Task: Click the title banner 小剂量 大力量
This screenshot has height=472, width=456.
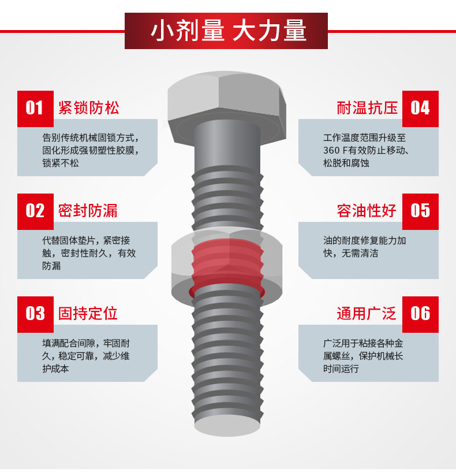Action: coord(227,31)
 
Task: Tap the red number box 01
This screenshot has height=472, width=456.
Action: coord(35,108)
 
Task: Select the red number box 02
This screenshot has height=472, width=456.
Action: coord(35,211)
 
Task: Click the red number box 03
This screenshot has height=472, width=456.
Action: coord(35,314)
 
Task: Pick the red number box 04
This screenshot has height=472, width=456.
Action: coord(420,108)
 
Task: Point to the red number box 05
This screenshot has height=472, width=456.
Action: coord(420,211)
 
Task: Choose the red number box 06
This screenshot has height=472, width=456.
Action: coord(420,314)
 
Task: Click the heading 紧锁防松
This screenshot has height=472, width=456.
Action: coord(88,108)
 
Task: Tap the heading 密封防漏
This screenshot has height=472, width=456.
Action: coord(88,211)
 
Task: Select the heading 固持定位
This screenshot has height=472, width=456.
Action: coord(88,314)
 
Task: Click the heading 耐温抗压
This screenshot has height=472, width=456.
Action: coord(367,108)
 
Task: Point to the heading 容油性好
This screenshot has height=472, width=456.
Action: coord(367,211)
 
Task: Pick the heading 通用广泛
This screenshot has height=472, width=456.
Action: coord(367,314)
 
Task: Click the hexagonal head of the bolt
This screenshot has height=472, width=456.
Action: coord(227,101)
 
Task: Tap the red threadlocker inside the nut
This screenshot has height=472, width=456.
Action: coord(227,266)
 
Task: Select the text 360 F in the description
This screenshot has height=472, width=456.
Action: coord(338,150)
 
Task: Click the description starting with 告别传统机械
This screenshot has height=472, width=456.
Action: coord(91,150)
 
